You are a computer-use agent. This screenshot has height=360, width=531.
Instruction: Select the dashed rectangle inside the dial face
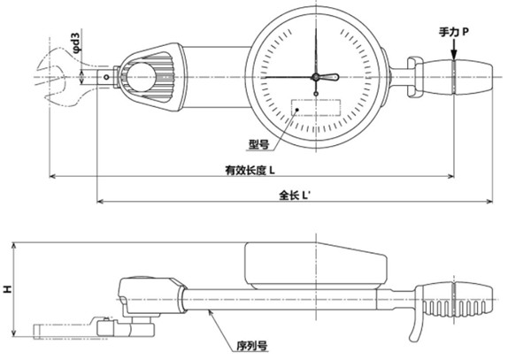pyautogui.click(x=316, y=111)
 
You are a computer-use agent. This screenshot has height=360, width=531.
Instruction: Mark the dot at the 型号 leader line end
pyautogui.click(x=298, y=113)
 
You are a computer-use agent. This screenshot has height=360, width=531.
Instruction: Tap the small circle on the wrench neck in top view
pyautogui.click(x=108, y=78)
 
